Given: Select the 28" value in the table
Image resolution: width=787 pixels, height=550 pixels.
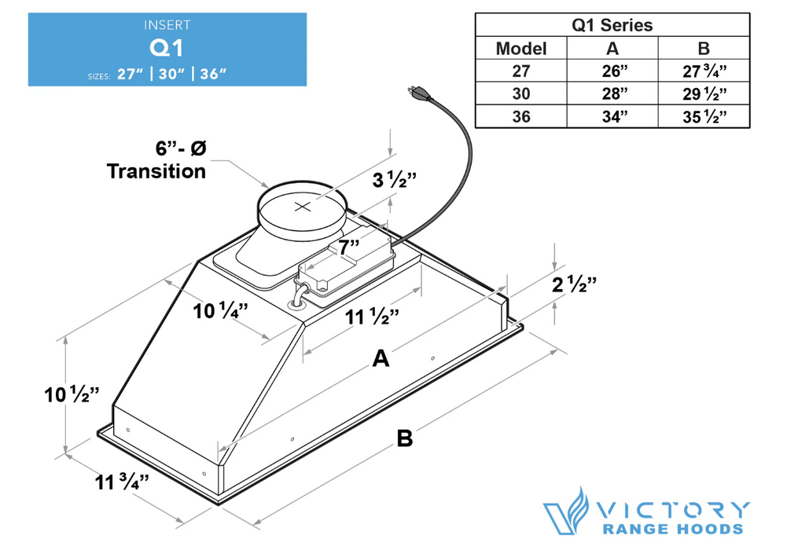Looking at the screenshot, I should point(612,93).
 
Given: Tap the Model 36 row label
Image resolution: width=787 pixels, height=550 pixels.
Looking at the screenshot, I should point(520,117).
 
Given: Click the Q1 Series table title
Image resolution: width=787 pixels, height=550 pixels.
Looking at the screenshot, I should point(612,24).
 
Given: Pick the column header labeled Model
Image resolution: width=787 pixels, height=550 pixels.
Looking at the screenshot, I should point(520,48).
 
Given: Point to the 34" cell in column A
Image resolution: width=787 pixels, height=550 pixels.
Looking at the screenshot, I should point(612,117).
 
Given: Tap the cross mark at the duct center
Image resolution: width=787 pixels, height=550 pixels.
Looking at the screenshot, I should point(302,207).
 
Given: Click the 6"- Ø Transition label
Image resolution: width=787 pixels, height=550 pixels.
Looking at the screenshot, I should point(156,159).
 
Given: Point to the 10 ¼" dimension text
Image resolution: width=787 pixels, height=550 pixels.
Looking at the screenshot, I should point(221,310).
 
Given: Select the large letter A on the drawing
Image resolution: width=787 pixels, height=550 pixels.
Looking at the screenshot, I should point(381,359).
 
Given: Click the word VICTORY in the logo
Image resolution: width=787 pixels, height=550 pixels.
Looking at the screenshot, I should point(674,508).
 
